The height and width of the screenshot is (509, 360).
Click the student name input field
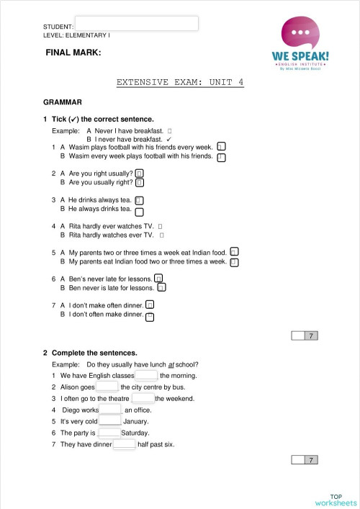coord(136,24)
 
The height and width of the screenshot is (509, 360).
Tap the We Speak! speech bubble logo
coord(301,36)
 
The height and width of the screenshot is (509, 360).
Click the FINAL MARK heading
coord(73,53)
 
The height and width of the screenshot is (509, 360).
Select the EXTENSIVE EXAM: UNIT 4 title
coord(180,82)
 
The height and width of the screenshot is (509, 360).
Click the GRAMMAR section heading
coord(63,103)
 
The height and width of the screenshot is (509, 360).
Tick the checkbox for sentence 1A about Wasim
coord(222,146)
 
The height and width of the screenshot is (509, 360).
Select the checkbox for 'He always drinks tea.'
coord(140,211)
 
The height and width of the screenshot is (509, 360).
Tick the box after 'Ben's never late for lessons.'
coord(159,278)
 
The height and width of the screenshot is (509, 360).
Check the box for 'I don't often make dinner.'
coord(150,316)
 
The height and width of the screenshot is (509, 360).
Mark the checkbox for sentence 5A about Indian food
coord(234,252)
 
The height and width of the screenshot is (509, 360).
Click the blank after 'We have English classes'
coord(146,375)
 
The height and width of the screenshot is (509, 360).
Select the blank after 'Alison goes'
coord(107,387)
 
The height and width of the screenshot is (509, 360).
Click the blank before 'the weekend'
coord(143,398)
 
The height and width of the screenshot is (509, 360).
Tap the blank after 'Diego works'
coord(110,410)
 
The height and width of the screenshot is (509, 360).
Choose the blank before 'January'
coord(109,421)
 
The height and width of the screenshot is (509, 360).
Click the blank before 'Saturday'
coord(109,433)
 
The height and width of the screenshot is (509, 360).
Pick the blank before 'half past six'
coord(124,444)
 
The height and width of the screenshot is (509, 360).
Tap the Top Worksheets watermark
coord(336,500)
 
